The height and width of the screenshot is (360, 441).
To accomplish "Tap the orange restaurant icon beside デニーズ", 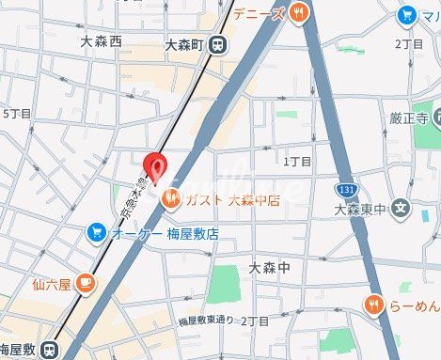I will pos(299,11).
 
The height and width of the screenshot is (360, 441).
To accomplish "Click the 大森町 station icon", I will pos(217,42).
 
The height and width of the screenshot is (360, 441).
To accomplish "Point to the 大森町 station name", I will pos(183,43).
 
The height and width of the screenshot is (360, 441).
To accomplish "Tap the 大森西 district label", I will pos(102,41).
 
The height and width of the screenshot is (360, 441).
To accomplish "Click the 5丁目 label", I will pos(17,114).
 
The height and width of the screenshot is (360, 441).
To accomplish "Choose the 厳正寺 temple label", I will pos(409,118).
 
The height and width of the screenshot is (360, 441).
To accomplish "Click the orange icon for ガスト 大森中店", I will pos(172,198).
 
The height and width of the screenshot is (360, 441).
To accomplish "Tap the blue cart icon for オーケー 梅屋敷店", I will pos(97,231).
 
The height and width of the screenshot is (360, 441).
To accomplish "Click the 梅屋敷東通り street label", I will pos(206,321).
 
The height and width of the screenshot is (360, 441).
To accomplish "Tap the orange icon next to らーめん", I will pos(374,304).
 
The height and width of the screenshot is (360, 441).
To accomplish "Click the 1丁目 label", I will pos(297,162).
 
